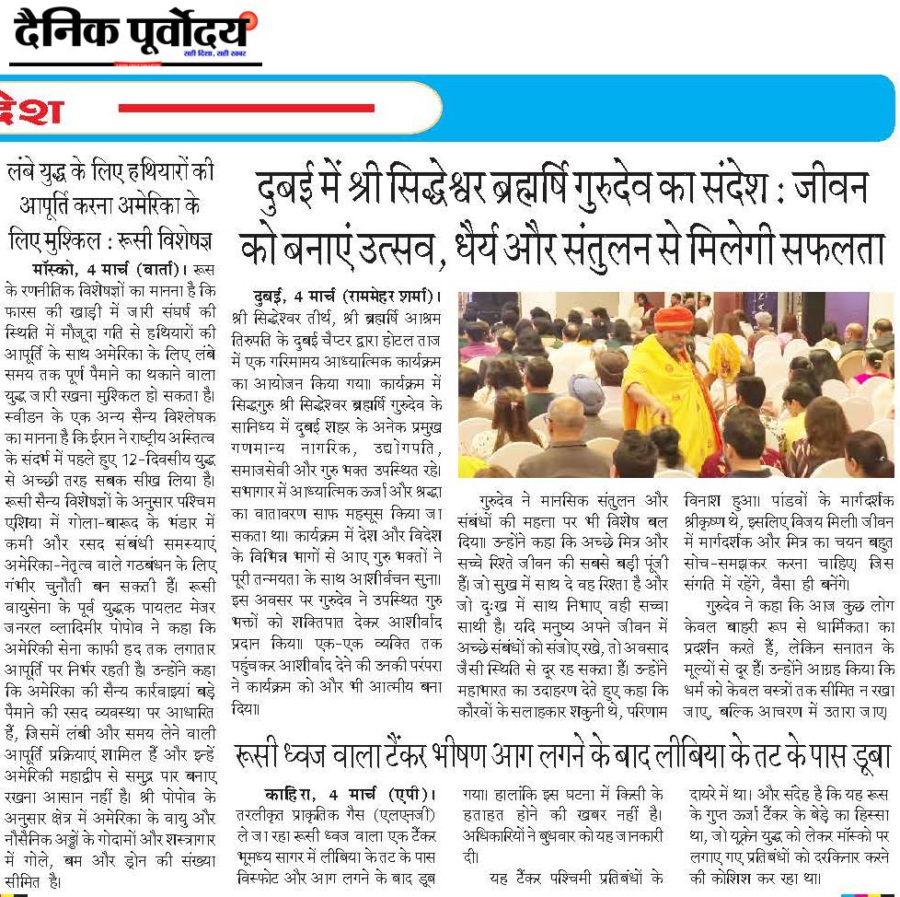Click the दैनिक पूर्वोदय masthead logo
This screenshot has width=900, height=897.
click(134, 35)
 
